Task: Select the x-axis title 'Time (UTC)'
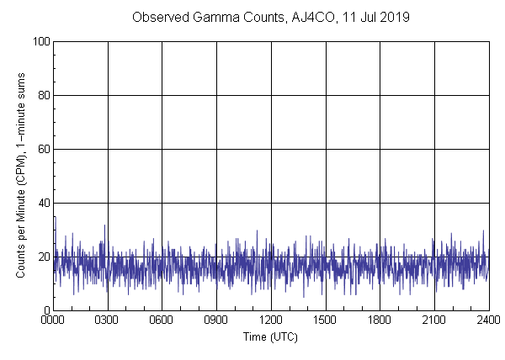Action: tap(270, 336)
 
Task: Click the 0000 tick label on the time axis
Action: tap(54, 320)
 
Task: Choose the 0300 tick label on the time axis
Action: tap(108, 320)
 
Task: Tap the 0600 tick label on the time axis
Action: tap(162, 320)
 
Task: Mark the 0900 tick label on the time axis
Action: tap(216, 320)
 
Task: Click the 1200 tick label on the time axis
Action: tap(271, 320)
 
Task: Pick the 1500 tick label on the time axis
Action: tap(325, 320)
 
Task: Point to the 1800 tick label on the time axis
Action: tap(380, 320)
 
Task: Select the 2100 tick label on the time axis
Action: tap(433, 320)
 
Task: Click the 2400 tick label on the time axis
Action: tap(488, 320)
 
